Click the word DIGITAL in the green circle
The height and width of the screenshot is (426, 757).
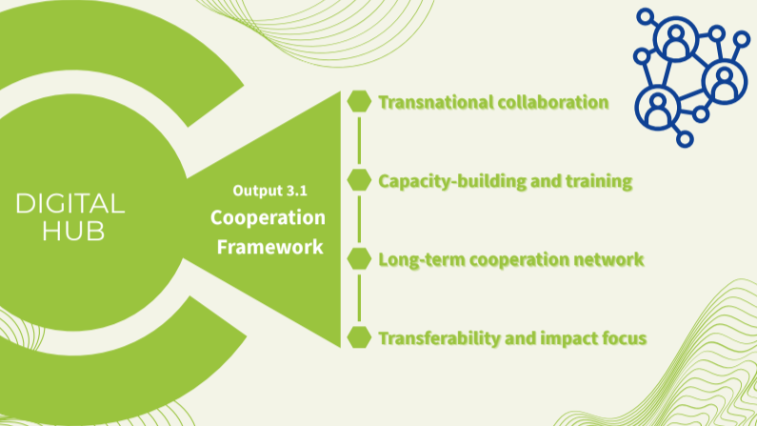pyautogui.click(x=70, y=203)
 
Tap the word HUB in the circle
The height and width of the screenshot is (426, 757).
pyautogui.click(x=72, y=232)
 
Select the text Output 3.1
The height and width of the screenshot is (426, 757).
pyautogui.click(x=269, y=191)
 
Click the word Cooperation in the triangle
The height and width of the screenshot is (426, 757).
pyautogui.click(x=268, y=217)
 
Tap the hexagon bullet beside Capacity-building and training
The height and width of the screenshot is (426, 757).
pyautogui.click(x=359, y=180)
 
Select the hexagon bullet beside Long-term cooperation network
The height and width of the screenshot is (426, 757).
pyautogui.click(x=359, y=258)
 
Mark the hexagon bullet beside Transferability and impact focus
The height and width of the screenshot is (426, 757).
pyautogui.click(x=359, y=336)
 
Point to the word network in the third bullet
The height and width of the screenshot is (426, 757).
pyautogui.click(x=610, y=259)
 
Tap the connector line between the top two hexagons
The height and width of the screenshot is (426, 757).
pyautogui.click(x=359, y=141)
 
